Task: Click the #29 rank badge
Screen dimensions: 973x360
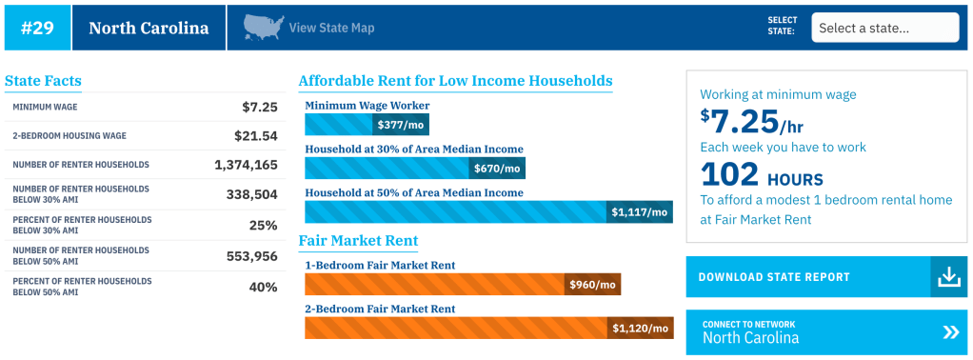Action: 37,28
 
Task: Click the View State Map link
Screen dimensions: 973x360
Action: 331,28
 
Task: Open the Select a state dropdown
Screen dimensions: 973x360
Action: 884,28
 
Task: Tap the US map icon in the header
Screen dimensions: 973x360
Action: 264,28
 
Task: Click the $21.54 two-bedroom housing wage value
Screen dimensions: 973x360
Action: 256,136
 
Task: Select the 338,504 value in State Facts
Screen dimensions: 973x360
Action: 252,193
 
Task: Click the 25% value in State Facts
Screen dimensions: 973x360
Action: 263,225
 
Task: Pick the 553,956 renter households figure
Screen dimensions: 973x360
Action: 252,255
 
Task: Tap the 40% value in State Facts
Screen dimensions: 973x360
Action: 263,287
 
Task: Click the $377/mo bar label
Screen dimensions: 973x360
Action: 401,125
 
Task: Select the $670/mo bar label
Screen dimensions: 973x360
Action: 498,169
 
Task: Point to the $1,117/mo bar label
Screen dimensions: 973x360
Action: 640,212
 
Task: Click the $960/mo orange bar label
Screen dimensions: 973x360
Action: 592,285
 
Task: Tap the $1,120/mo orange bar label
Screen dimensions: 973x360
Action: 641,329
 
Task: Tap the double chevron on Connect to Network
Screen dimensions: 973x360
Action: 951,332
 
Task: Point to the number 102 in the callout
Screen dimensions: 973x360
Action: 729,174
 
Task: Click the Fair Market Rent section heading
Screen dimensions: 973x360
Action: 358,241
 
